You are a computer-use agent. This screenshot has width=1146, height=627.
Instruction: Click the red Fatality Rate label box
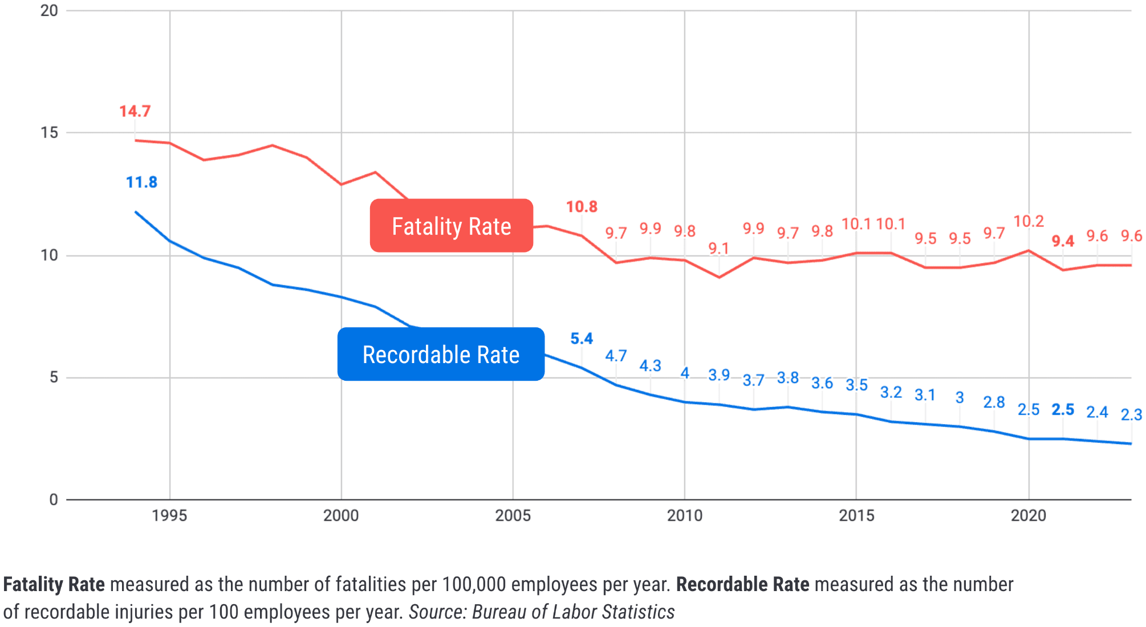pyautogui.click(x=451, y=226)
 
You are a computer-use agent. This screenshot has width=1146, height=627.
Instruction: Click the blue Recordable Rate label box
pyautogui.click(x=441, y=354)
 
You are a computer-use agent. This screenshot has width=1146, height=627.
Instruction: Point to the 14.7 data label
pyautogui.click(x=135, y=111)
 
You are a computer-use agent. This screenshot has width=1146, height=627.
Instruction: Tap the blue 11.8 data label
pyautogui.click(x=141, y=182)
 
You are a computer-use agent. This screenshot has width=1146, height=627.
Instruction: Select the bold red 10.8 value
pyautogui.click(x=582, y=206)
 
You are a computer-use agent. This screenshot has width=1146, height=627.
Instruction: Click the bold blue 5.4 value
pyautogui.click(x=582, y=339)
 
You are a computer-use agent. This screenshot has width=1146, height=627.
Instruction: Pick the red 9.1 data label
pyautogui.click(x=718, y=249)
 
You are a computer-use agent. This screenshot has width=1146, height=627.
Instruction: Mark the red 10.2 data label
pyautogui.click(x=1029, y=221)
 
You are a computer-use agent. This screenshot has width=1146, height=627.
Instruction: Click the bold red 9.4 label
pyautogui.click(x=1063, y=241)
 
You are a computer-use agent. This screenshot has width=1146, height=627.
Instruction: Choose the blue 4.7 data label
pyautogui.click(x=616, y=356)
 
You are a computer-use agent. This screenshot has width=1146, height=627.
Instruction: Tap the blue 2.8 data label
pyautogui.click(x=994, y=402)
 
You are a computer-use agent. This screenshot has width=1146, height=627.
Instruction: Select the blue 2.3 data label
pyautogui.click(x=1131, y=414)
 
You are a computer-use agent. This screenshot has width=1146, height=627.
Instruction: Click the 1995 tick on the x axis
pyautogui.click(x=169, y=515)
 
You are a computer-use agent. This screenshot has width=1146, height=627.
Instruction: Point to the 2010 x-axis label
pyautogui.click(x=685, y=515)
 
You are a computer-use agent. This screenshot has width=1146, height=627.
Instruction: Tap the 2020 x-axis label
pyautogui.click(x=1029, y=515)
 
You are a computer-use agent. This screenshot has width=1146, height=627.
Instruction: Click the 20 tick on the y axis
pyautogui.click(x=50, y=10)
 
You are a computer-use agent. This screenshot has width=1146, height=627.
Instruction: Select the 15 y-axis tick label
pyautogui.click(x=50, y=132)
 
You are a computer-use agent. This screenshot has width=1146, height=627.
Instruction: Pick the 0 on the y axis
pyautogui.click(x=54, y=499)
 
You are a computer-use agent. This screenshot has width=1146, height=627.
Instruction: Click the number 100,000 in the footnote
pyautogui.click(x=474, y=584)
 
